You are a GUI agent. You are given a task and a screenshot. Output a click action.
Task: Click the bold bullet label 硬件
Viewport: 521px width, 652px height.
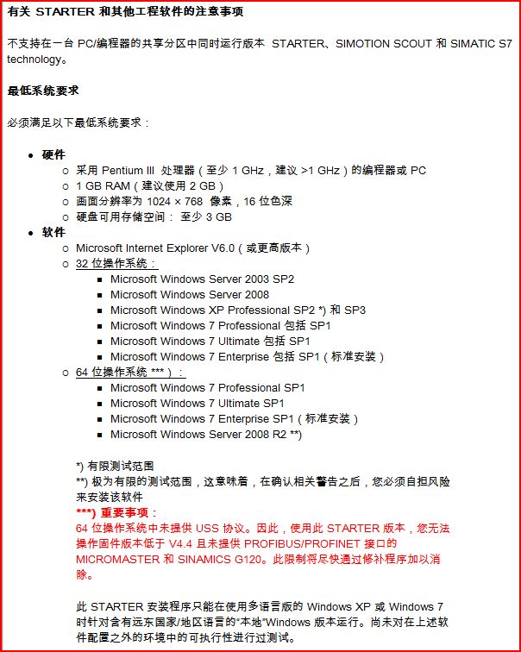coord(53,154)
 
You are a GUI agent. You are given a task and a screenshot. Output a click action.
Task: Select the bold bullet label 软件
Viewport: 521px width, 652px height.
coord(53,232)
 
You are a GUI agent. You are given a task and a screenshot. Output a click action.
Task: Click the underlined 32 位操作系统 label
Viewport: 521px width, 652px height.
coord(116,263)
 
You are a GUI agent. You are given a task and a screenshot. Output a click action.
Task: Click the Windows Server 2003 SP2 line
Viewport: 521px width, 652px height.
coord(202,279)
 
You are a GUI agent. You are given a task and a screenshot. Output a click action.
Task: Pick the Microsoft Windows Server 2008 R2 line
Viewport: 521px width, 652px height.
coord(205,434)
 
